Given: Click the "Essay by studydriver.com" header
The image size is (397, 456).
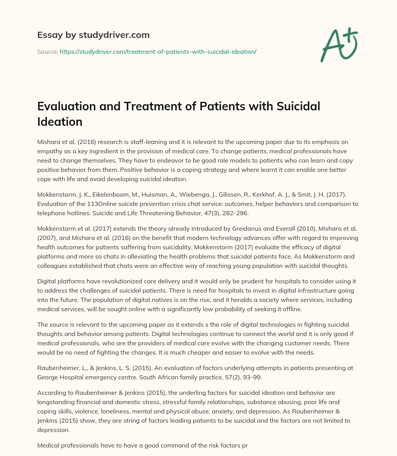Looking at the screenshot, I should click(93, 35).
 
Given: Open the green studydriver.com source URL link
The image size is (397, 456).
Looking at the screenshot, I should click(158, 51).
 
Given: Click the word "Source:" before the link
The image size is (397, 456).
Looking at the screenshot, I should click(47, 51).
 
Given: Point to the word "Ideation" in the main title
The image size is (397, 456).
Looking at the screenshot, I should click(60, 122).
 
